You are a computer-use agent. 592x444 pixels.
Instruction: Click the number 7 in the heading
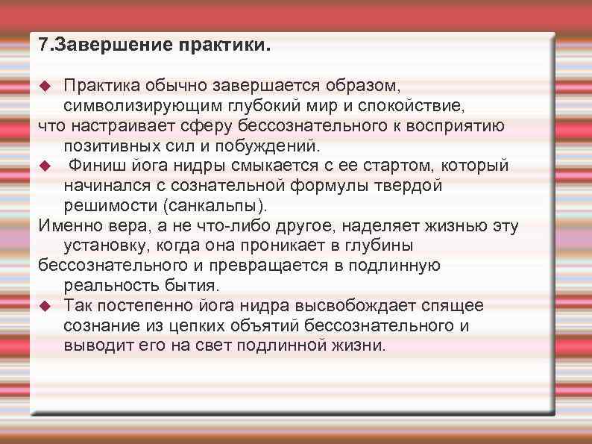tap(42, 46)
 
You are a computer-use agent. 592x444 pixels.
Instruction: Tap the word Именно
tap(66, 225)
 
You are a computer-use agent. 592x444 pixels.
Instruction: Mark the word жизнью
tap(442, 225)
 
